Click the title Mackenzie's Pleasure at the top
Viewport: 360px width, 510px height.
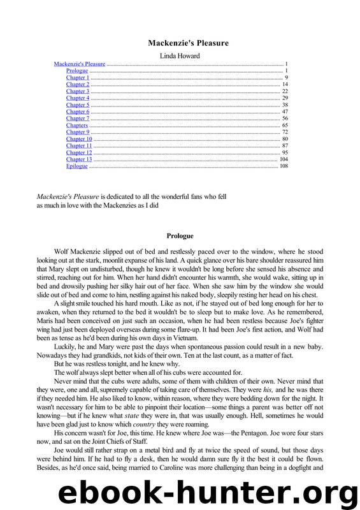click(x=180, y=43)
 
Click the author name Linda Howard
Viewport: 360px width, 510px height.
click(x=180, y=56)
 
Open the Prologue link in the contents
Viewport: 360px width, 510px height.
click(x=77, y=71)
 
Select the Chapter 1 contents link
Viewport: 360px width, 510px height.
click(x=78, y=78)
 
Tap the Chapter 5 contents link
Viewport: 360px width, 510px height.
click(x=78, y=105)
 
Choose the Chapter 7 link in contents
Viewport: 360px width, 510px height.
click(x=78, y=119)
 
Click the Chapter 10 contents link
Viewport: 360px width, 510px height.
click(x=79, y=139)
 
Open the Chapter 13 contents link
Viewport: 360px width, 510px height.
click(x=79, y=159)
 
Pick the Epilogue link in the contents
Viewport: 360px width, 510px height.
click(x=77, y=166)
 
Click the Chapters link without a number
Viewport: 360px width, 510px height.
click(x=77, y=126)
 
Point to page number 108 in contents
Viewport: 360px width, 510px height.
click(x=284, y=166)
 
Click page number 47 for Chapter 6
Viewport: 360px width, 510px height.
click(x=285, y=112)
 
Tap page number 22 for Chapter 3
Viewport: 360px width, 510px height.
click(x=285, y=91)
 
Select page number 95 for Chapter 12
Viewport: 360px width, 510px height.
click(x=285, y=152)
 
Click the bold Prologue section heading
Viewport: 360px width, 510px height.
click(x=180, y=236)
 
